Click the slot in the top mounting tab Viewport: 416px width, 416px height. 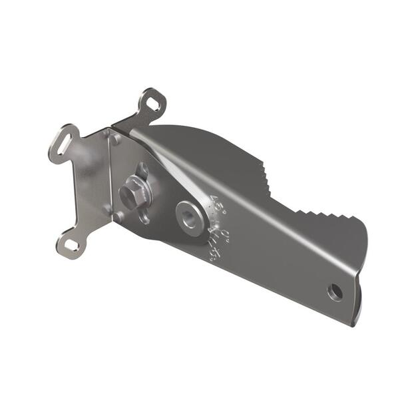pos(153,104)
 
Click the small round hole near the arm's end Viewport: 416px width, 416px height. pos(335,291)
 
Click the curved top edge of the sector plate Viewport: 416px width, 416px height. pos(200,130)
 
